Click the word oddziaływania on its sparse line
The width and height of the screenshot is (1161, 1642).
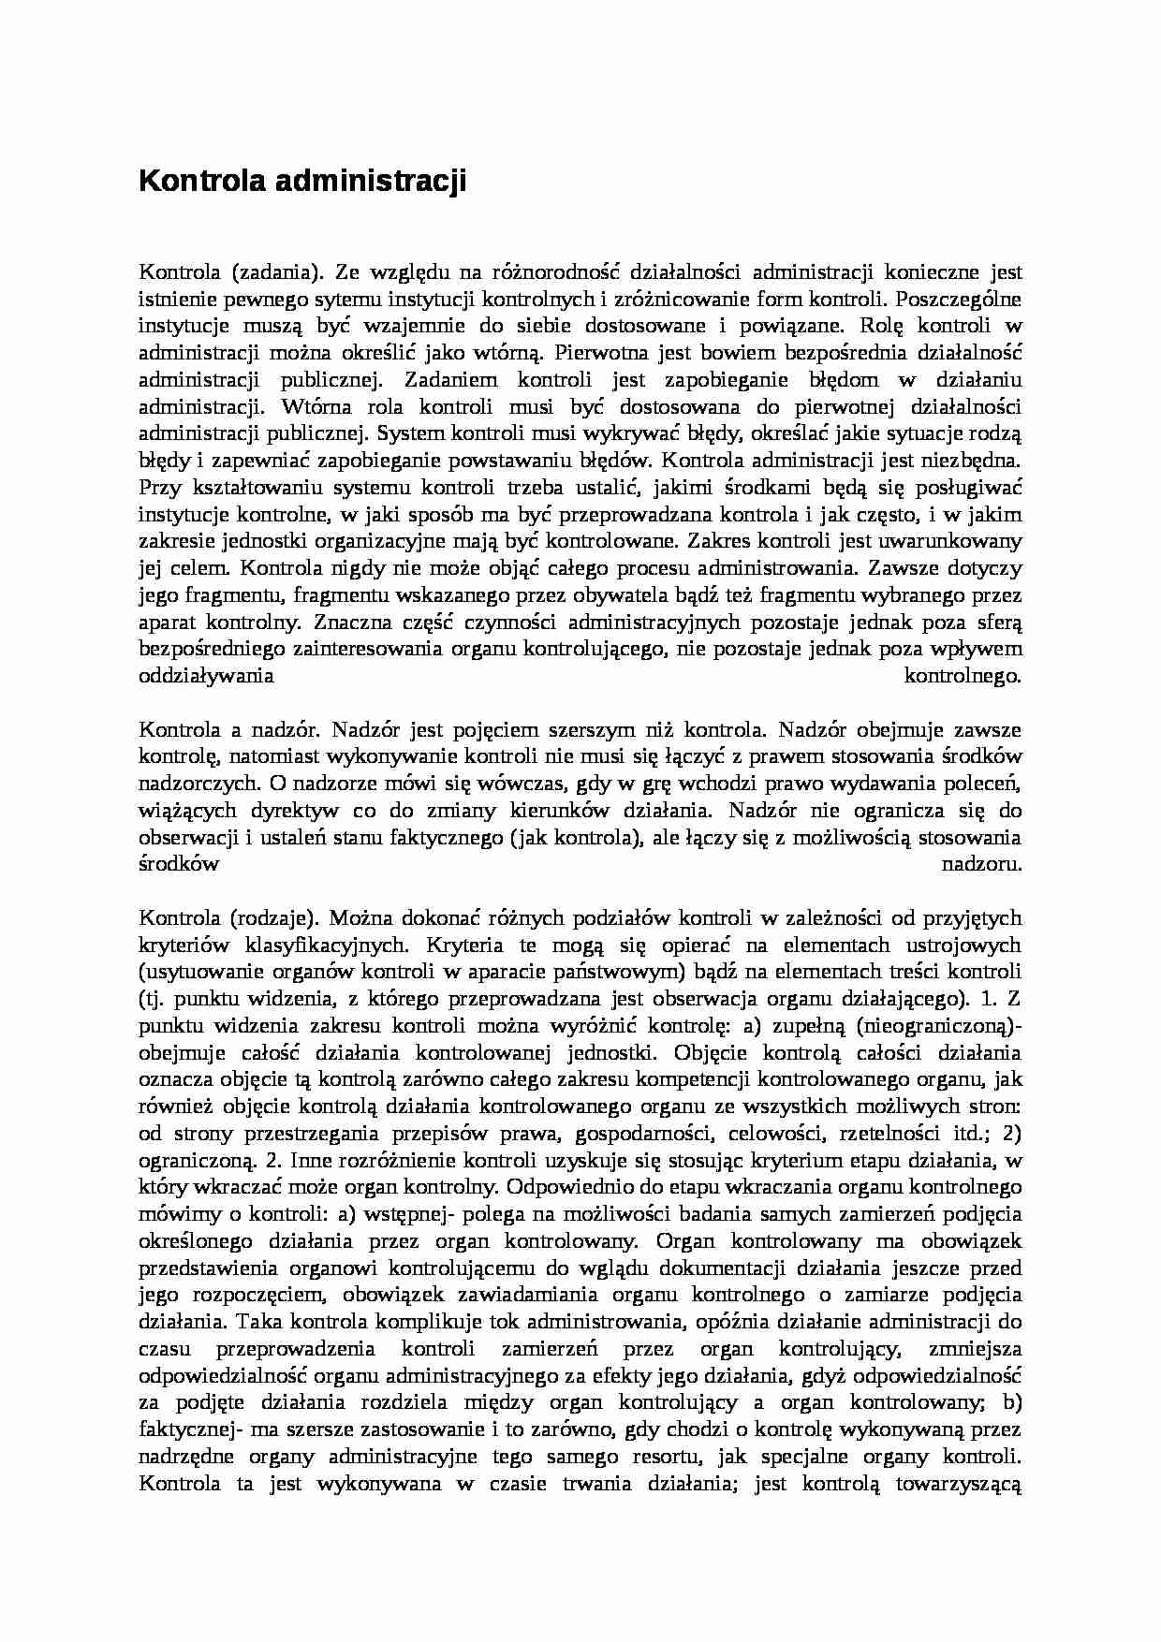[x=206, y=676]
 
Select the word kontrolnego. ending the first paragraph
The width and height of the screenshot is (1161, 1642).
[x=963, y=676]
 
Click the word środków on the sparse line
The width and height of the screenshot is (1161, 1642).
[x=179, y=864]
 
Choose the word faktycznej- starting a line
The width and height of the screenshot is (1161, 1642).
[x=191, y=1429]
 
